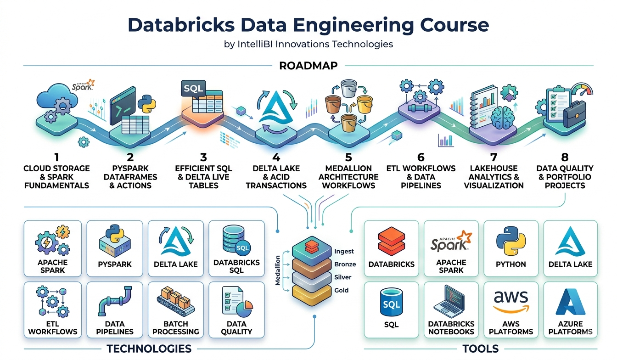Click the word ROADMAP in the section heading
click(x=308, y=66)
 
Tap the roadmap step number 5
click(x=348, y=157)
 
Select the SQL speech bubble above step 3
click(x=193, y=89)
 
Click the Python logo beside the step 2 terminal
click(x=147, y=104)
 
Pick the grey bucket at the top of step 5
click(x=349, y=88)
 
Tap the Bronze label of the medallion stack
click(x=345, y=264)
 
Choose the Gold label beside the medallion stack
click(x=341, y=290)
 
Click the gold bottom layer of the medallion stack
click(x=312, y=295)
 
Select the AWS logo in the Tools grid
click(x=511, y=302)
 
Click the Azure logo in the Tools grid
click(x=571, y=302)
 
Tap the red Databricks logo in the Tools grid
click(x=392, y=242)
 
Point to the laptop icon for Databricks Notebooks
click(x=451, y=302)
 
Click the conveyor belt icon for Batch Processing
click(x=176, y=302)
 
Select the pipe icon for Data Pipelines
click(x=115, y=301)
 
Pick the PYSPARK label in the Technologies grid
click(x=115, y=264)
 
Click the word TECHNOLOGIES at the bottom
click(x=149, y=349)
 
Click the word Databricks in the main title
click(x=181, y=25)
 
